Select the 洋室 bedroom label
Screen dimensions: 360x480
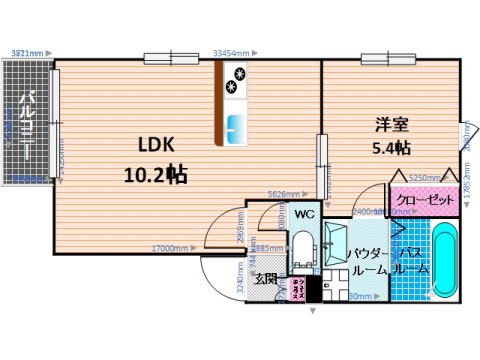point(390,126)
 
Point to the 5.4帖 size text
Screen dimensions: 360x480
point(390,148)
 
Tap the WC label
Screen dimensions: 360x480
point(305,214)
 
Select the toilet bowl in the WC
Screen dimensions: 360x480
point(302,246)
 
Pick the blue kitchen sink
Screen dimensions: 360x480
point(237,128)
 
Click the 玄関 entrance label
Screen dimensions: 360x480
point(266,279)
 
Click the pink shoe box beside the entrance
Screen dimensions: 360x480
point(297,290)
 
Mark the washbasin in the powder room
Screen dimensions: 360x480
point(334,242)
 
